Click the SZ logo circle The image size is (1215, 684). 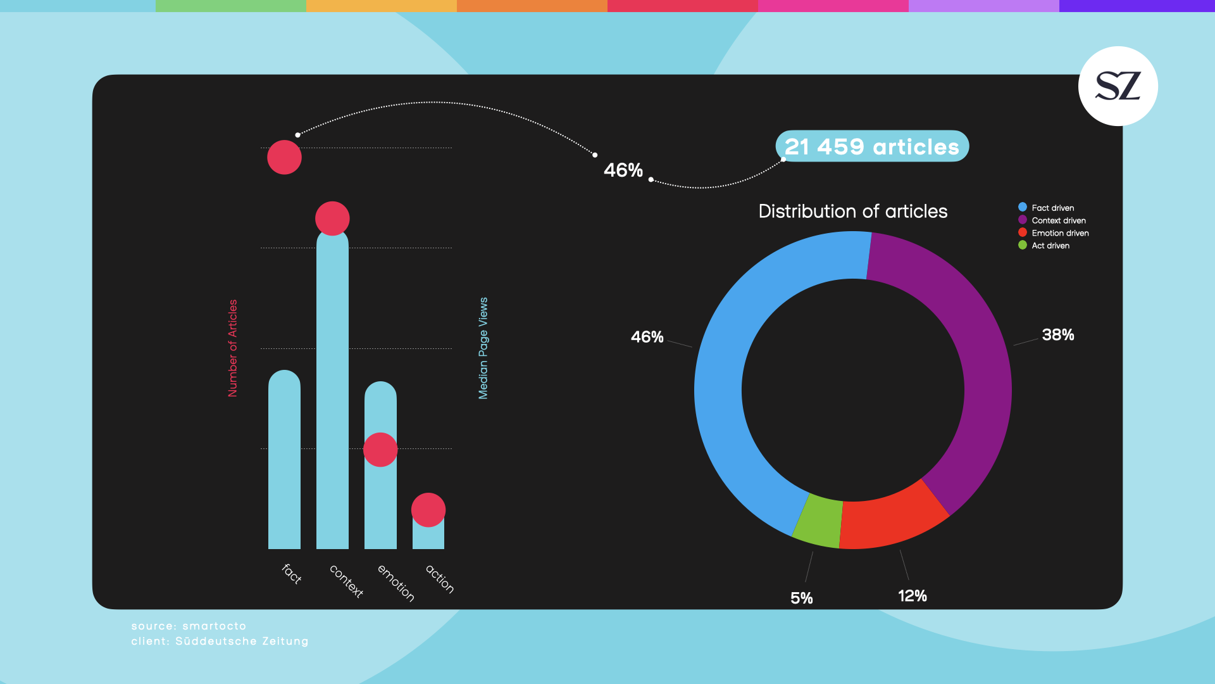[1118, 86]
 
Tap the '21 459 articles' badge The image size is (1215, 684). [871, 146]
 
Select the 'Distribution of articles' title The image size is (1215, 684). [852, 211]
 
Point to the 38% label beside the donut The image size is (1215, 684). [1057, 334]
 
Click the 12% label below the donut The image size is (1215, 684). [912, 595]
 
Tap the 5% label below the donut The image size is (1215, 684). [801, 598]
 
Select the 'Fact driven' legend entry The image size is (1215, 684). [1052, 208]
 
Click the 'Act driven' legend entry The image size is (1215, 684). [1050, 246]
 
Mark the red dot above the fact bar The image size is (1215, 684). [284, 157]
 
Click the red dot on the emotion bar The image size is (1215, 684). [380, 450]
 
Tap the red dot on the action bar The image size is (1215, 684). [428, 510]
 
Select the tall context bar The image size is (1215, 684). [332, 393]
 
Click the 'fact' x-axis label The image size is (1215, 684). [292, 574]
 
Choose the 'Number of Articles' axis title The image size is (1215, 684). [233, 348]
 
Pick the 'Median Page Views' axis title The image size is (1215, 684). [483, 348]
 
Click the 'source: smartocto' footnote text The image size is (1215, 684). [189, 626]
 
